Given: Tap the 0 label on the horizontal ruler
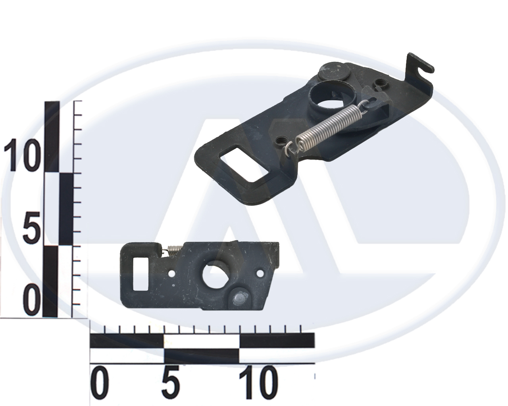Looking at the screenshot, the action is point(100,384).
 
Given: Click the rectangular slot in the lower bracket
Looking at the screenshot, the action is point(141,274).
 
